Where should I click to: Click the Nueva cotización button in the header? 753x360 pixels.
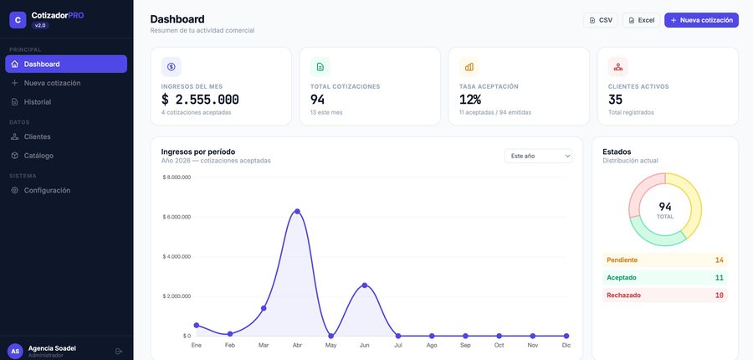pyautogui.click(x=701, y=20)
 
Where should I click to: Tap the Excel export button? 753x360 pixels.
pyautogui.click(x=641, y=20)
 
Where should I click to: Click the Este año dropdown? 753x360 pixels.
pyautogui.click(x=538, y=156)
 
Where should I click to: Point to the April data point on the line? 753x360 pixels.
pyautogui.click(x=297, y=212)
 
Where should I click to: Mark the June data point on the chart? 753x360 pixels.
pyautogui.click(x=365, y=285)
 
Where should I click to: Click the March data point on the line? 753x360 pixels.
pyautogui.click(x=264, y=308)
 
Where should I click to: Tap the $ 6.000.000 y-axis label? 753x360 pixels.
pyautogui.click(x=177, y=217)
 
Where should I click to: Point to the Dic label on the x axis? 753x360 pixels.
pyautogui.click(x=566, y=345)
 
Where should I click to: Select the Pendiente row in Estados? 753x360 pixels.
pyautogui.click(x=664, y=260)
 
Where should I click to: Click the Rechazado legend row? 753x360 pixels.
pyautogui.click(x=664, y=295)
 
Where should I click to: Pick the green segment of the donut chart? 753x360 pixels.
pyautogui.click(x=657, y=234)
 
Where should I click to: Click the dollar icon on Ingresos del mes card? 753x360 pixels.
pyautogui.click(x=171, y=67)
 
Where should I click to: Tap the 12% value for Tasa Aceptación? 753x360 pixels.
pyautogui.click(x=470, y=100)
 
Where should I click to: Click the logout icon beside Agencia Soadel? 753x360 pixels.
pyautogui.click(x=119, y=352)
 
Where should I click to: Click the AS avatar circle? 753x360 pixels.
pyautogui.click(x=15, y=352)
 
